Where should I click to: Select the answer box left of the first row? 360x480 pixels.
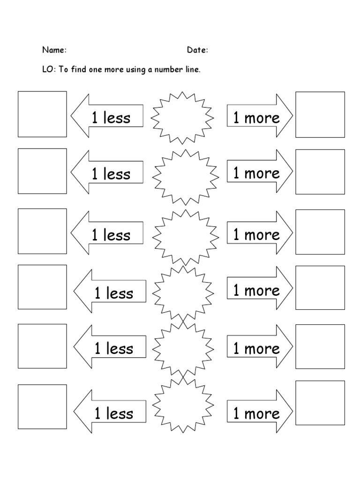pos(42,114)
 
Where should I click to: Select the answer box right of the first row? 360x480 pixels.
pos(320,115)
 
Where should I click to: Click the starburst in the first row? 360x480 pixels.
pos(182,117)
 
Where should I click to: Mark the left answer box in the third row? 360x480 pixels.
pos(42,231)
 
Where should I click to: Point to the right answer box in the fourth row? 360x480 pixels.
pos(320,287)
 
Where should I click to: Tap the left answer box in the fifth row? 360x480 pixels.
pos(42,346)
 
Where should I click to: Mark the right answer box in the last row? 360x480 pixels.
pos(320,403)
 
